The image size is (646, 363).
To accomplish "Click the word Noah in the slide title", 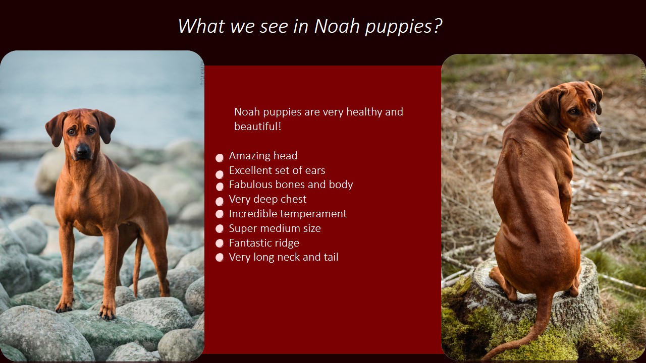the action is (x=337, y=26).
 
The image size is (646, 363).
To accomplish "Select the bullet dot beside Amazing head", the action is (x=220, y=158).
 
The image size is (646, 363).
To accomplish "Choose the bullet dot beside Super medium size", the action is (x=220, y=228).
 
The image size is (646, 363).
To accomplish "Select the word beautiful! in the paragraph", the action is (x=257, y=126).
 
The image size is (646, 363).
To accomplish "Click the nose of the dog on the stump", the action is (x=596, y=130).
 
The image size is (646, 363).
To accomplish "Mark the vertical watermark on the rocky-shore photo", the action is (x=202, y=74).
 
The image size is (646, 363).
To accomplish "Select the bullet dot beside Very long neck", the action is (x=220, y=257).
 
